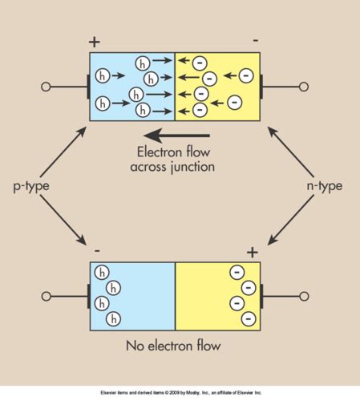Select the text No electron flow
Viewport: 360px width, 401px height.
pos(172,347)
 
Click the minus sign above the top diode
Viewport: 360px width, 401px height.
pos(255,40)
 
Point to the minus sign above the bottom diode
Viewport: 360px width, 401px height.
pos(97,251)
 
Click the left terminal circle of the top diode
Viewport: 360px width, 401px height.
pos(47,86)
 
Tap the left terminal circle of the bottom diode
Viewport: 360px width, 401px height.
pos(47,297)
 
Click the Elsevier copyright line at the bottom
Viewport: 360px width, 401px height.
pos(180,392)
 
